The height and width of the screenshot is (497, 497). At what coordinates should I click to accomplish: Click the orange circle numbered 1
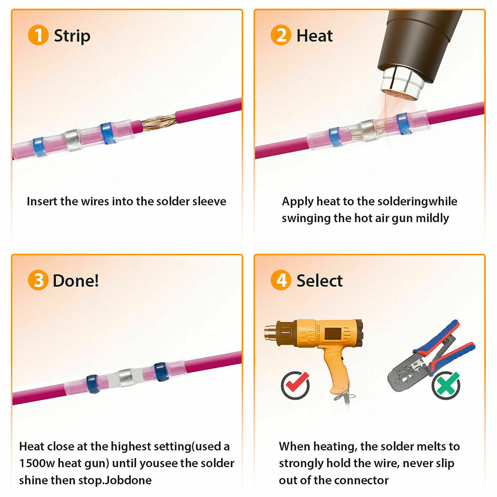tap(38, 36)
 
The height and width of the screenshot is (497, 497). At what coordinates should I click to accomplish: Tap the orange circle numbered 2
tap(280, 36)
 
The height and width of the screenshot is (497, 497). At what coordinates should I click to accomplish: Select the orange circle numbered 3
tap(38, 280)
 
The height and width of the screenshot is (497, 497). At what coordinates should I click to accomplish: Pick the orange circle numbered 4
tap(280, 280)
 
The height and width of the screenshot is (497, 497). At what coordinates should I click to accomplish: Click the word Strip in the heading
tap(72, 36)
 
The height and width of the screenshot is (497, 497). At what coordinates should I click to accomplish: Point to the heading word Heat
tap(315, 36)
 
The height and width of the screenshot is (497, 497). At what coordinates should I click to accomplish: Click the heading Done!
tap(76, 280)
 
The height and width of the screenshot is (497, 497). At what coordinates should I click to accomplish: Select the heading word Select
tap(320, 281)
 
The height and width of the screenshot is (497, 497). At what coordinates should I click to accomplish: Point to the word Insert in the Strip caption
tap(42, 201)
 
